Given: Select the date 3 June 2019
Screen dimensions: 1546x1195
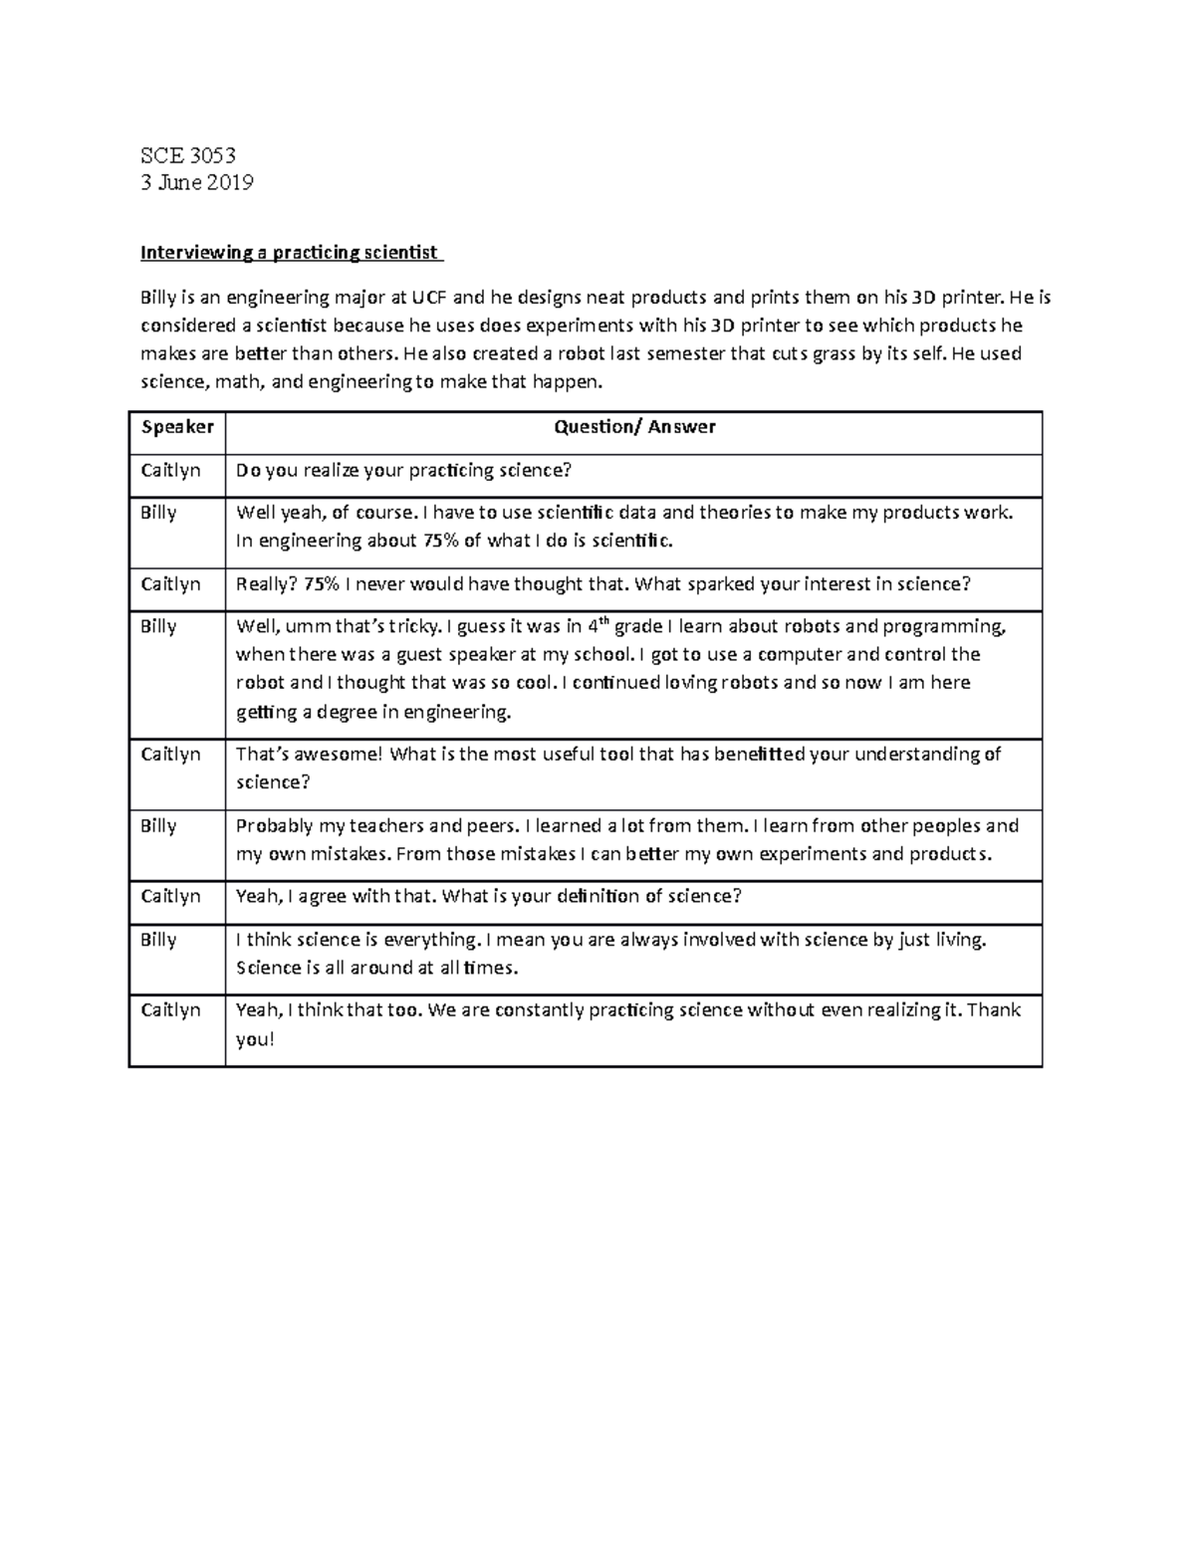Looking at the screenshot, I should tap(197, 182).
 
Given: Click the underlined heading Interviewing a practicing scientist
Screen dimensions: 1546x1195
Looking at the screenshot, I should tap(290, 253).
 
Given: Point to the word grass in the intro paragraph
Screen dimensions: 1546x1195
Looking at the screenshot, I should tap(834, 353).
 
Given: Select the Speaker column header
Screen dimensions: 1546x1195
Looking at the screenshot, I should tap(177, 427).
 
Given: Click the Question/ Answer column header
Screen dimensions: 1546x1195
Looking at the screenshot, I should tap(634, 427).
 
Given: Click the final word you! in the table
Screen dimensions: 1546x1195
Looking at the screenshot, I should tap(254, 1040).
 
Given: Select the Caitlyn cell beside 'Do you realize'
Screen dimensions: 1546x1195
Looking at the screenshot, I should tap(170, 471).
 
